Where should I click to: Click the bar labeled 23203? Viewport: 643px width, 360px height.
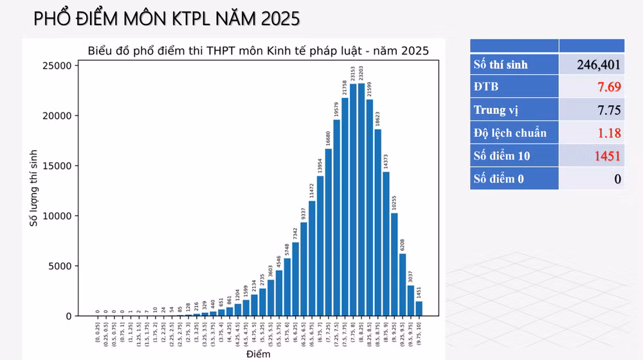[362, 199]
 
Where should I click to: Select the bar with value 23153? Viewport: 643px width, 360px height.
[354, 199]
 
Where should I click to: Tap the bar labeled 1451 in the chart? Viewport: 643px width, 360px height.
[419, 309]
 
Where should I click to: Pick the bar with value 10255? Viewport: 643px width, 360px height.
[394, 264]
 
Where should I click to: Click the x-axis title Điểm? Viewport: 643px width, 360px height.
[257, 354]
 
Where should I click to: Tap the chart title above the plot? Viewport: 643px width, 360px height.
[258, 51]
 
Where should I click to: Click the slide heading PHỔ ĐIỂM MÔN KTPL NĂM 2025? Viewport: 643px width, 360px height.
[167, 19]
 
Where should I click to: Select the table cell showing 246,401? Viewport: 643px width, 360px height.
[592, 64]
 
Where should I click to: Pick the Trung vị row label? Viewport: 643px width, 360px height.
[497, 110]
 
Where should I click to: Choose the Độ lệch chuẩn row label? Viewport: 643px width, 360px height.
[510, 133]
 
